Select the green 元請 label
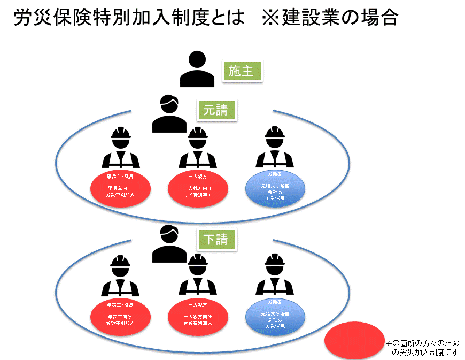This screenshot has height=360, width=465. click(216, 111)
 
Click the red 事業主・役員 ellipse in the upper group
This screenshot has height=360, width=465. click(120, 188)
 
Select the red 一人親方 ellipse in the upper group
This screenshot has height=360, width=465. click(198, 188)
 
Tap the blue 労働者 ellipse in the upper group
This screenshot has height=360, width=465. click(275, 188)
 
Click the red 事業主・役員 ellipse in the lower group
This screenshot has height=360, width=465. click(120, 317)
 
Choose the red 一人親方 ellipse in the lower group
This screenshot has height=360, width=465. click(198, 317)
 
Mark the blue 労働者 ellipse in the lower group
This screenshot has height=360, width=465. click(275, 317)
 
